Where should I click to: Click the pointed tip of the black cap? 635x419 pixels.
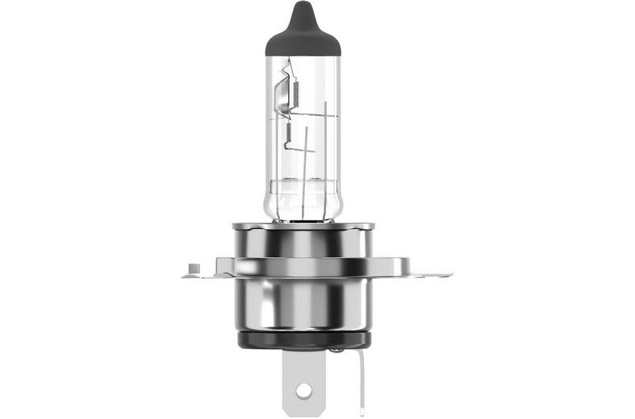(x=302, y=6)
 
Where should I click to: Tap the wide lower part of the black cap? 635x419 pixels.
(x=302, y=42)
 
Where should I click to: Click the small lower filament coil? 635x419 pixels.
(x=287, y=131)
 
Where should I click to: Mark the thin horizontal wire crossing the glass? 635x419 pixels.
(x=310, y=116)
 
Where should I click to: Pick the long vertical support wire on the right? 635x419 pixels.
(x=324, y=153)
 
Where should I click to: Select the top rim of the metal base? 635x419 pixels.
(x=302, y=226)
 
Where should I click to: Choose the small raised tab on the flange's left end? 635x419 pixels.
(x=192, y=267)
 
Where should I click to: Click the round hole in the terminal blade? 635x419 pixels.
(x=303, y=391)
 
